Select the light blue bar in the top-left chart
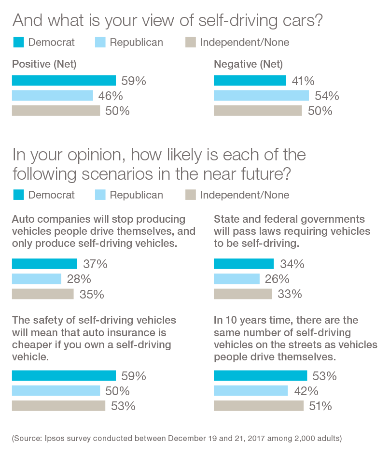pyautogui.click(x=53, y=96)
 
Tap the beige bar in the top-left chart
pyautogui.click(x=57, y=117)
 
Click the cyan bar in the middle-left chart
pyautogui.click(x=45, y=262)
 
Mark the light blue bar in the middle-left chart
pyautogui.click(x=38, y=279)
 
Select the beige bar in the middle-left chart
pyautogui.click(x=44, y=297)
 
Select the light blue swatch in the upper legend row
pyautogui.click(x=97, y=46)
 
